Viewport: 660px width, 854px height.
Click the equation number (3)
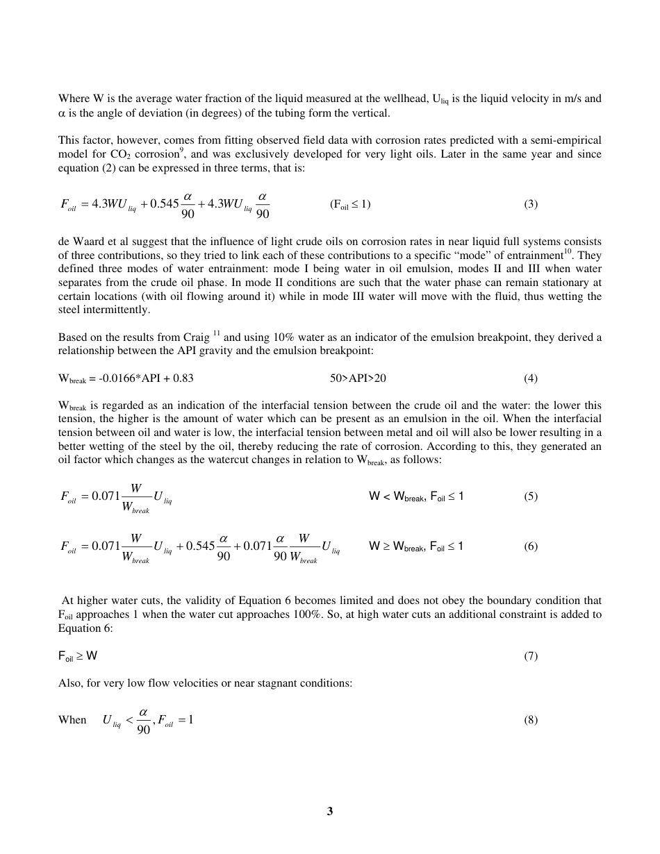[x=531, y=204]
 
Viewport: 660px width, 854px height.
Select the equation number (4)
[x=531, y=378]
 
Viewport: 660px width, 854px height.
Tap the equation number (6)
[x=531, y=546]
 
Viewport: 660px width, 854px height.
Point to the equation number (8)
[x=531, y=720]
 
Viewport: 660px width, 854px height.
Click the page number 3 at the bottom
[x=330, y=811]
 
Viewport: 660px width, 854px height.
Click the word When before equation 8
[x=72, y=720]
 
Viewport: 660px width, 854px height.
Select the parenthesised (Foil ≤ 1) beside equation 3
[x=350, y=204]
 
